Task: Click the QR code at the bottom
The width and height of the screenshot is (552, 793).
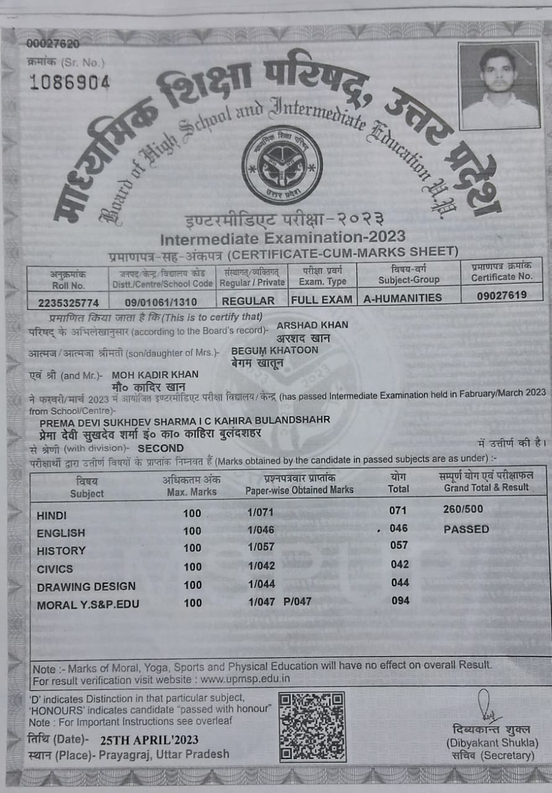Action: point(312,726)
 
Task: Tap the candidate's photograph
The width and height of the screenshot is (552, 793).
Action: point(499,85)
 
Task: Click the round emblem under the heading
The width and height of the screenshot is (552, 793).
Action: point(282,165)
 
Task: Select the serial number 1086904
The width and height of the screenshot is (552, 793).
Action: point(69,82)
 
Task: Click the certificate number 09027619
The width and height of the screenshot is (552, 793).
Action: point(502,296)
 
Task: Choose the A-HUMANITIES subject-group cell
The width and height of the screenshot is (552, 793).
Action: point(403,298)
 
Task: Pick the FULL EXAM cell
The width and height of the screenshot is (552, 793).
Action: point(322,300)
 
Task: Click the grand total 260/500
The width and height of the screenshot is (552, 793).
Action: point(464,509)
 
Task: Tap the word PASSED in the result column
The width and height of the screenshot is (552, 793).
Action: point(466,529)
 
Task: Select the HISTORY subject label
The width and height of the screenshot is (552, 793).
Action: point(61,551)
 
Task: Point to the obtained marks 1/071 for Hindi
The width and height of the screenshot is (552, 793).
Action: point(261,512)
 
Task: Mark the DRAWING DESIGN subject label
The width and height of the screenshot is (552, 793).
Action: point(86,586)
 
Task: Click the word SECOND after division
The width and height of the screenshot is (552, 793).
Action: point(161,448)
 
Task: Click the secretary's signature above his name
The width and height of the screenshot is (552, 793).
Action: point(487,707)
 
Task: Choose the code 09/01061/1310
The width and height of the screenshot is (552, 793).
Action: point(162,301)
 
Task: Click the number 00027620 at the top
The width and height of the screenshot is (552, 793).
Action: point(53,44)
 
